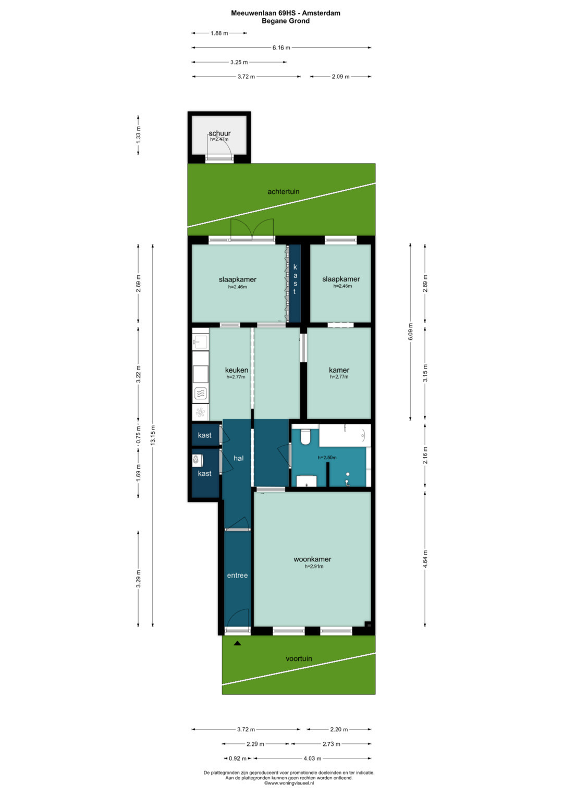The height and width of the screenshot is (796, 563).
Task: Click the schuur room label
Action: (x=219, y=133)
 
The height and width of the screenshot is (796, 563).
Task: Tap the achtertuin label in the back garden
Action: (x=283, y=191)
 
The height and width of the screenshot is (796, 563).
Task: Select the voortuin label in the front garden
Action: (x=299, y=658)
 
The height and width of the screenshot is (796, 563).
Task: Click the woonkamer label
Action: (x=312, y=559)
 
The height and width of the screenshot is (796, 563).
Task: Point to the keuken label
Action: (x=236, y=370)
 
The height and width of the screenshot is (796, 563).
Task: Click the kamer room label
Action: (x=339, y=370)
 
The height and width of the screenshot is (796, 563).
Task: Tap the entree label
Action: (x=237, y=575)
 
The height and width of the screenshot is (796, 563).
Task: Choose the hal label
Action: (x=239, y=458)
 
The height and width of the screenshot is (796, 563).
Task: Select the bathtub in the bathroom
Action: (x=345, y=435)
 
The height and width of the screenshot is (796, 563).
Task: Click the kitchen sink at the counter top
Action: (x=201, y=342)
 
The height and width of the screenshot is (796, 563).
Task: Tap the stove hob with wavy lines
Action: (x=201, y=394)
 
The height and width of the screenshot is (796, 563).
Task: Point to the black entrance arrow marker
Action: (x=237, y=643)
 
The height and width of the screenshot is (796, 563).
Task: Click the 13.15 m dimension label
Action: (x=153, y=435)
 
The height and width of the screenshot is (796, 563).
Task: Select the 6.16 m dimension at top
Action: (x=281, y=47)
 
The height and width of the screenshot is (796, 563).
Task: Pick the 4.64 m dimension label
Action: (x=425, y=559)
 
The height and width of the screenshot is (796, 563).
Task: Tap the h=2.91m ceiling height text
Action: (x=314, y=567)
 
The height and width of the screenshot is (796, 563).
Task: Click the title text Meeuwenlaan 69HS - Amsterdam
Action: (x=286, y=13)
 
